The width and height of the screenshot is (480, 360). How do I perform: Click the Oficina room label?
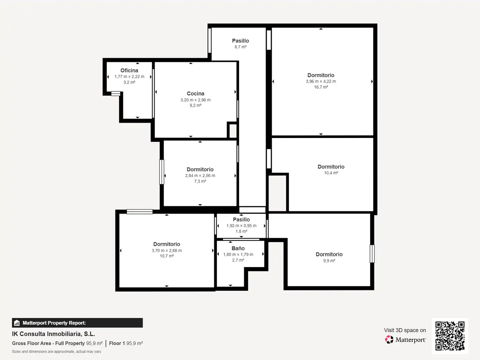[x=129, y=70]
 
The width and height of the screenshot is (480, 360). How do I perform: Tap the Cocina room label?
[x=195, y=94]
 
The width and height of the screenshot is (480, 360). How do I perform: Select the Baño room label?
[x=238, y=248]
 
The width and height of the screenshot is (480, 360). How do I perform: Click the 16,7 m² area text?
[x=321, y=87]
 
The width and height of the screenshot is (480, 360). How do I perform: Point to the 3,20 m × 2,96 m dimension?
[x=195, y=100]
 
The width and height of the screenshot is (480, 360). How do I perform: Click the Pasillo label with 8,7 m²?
[x=241, y=41]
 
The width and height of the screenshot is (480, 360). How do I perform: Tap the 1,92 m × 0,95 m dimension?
[x=241, y=226]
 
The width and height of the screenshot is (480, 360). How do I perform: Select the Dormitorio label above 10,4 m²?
[x=331, y=167]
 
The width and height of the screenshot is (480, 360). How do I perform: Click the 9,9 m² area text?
[x=329, y=261]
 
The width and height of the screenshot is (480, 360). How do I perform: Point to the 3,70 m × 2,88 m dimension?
[x=167, y=250]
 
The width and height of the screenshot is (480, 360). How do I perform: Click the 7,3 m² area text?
[x=200, y=181]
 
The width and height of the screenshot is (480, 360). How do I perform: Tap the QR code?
[x=450, y=336]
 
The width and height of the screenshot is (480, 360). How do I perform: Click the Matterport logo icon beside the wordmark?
[x=389, y=339]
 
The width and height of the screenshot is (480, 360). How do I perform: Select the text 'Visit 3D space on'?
[x=405, y=330]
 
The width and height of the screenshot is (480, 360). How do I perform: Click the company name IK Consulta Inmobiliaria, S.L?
[x=54, y=334]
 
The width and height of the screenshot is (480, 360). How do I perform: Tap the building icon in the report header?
[x=17, y=323]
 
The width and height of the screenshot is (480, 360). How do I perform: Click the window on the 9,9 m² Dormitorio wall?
[x=372, y=254]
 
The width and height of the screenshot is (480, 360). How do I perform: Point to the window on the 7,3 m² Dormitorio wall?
[x=162, y=172]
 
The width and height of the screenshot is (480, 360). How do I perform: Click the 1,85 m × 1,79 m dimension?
[x=238, y=254]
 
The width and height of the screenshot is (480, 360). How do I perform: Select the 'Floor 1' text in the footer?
[x=117, y=343]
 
